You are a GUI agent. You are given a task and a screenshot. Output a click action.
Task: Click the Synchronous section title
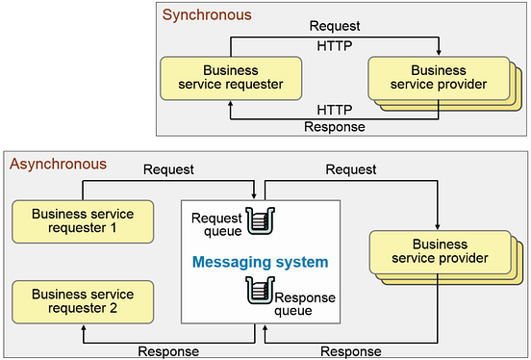tap(207, 14)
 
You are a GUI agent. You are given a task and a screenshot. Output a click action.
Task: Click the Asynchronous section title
tap(59, 165)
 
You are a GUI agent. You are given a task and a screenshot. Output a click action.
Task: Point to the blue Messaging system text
tap(261, 261)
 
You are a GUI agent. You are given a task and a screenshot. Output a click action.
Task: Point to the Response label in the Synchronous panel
tap(335, 126)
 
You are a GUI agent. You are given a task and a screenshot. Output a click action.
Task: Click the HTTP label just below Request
tap(335, 45)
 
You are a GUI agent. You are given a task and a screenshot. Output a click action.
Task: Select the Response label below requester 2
tap(168, 350)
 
